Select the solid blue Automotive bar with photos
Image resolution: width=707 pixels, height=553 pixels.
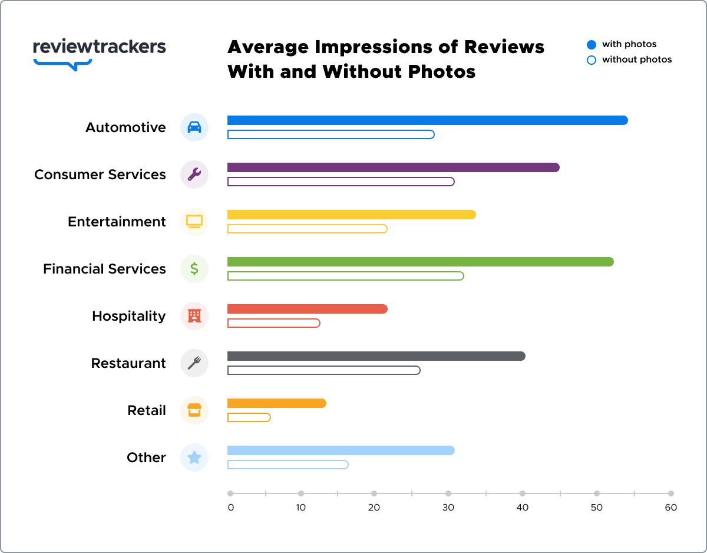click(427, 120)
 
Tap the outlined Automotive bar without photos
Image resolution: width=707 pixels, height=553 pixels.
click(331, 134)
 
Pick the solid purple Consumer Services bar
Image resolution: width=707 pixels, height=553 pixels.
click(393, 167)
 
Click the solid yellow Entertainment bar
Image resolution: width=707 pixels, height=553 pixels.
click(351, 215)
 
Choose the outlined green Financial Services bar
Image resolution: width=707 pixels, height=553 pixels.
click(345, 276)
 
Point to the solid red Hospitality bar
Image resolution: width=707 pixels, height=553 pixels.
click(307, 309)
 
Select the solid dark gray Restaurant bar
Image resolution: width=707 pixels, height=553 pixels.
click(376, 356)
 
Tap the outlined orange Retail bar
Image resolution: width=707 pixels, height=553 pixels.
click(249, 417)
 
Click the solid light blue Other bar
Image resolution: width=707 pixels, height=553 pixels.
click(341, 450)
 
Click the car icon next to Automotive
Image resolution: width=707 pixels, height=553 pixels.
click(194, 127)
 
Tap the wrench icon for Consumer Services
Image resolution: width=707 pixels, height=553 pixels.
click(194, 175)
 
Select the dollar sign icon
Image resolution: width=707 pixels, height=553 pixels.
click(194, 269)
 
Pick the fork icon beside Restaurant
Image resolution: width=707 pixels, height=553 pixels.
click(194, 363)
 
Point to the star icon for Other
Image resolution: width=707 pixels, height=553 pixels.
click(194, 457)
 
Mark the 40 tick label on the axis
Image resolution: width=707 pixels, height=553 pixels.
click(523, 508)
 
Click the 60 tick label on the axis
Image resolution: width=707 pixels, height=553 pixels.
click(671, 508)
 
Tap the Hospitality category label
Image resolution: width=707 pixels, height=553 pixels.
click(128, 316)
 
